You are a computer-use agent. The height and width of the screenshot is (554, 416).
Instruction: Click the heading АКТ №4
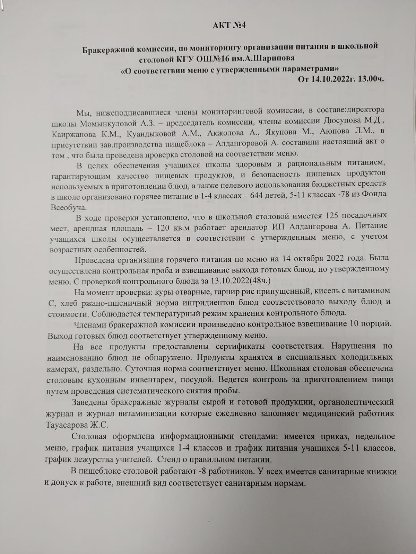tap(229, 26)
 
